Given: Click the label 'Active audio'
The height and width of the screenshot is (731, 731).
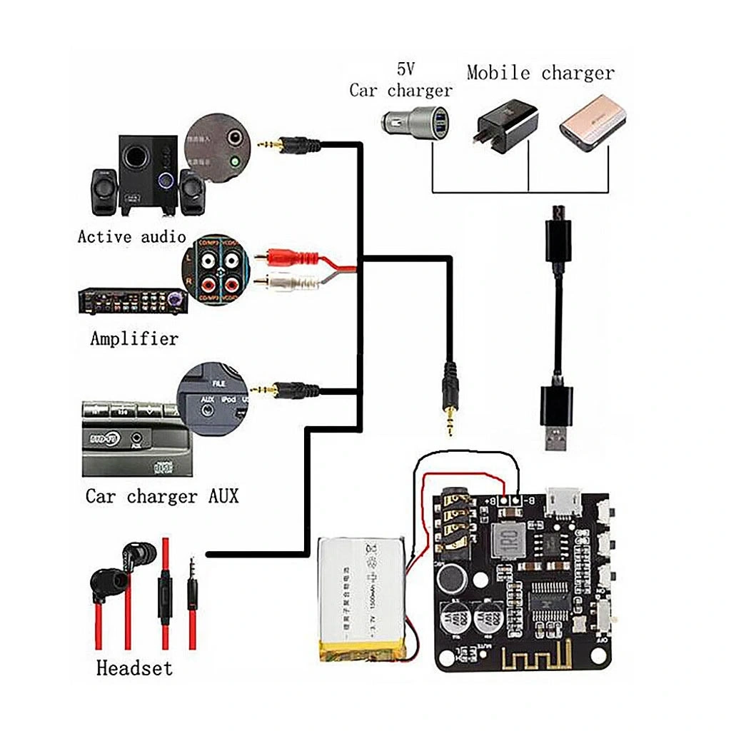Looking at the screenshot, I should pyautogui.click(x=131, y=236).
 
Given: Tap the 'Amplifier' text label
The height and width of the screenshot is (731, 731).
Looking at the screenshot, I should pyautogui.click(x=134, y=338).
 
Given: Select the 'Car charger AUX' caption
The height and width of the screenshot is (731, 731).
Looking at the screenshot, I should pyautogui.click(x=162, y=495).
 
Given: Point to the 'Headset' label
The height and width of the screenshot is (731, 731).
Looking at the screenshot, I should pyautogui.click(x=134, y=668).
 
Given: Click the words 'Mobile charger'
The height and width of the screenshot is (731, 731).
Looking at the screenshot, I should pyautogui.click(x=540, y=72).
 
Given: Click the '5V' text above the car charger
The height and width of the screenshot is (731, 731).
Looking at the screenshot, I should pyautogui.click(x=405, y=69).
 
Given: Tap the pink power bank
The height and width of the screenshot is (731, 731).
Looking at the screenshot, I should pyautogui.click(x=592, y=123).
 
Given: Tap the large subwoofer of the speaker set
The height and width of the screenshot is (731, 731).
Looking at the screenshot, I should pyautogui.click(x=148, y=174).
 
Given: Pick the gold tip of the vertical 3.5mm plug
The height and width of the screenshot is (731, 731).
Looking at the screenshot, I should pyautogui.click(x=450, y=424).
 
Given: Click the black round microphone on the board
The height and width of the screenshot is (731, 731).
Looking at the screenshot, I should pyautogui.click(x=450, y=578).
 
